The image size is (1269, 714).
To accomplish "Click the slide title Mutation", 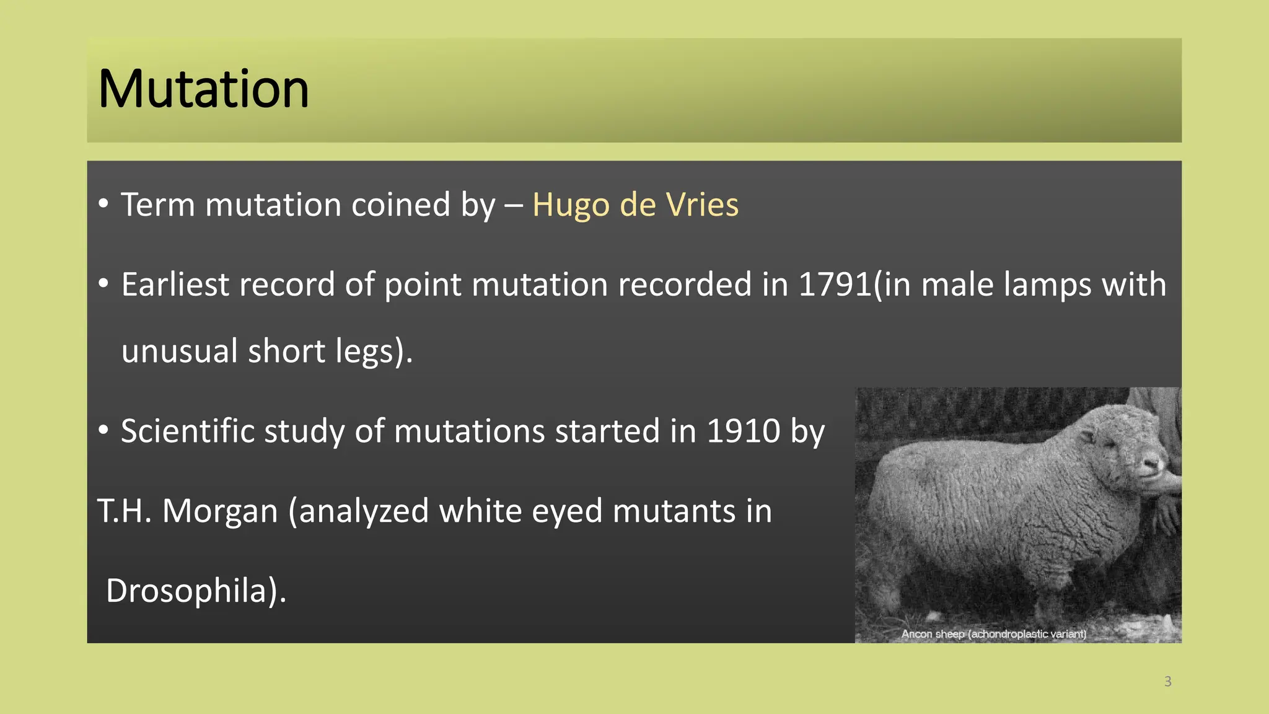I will (203, 89).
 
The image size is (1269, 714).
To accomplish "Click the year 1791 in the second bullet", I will (835, 284).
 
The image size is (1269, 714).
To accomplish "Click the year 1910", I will (743, 431).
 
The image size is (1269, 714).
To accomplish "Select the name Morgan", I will (220, 511).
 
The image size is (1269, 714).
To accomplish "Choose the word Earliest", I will (175, 284).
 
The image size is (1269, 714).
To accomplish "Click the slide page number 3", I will (1167, 682).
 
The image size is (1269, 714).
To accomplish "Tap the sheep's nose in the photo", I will (1154, 464).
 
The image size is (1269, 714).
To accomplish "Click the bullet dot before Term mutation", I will (103, 204).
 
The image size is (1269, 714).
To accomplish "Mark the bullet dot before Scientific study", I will (103, 430).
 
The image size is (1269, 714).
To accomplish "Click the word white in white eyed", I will (476, 511).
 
